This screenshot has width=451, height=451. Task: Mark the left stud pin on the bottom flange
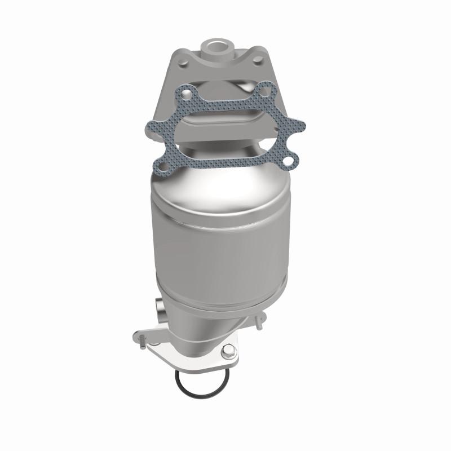pos(143,339)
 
